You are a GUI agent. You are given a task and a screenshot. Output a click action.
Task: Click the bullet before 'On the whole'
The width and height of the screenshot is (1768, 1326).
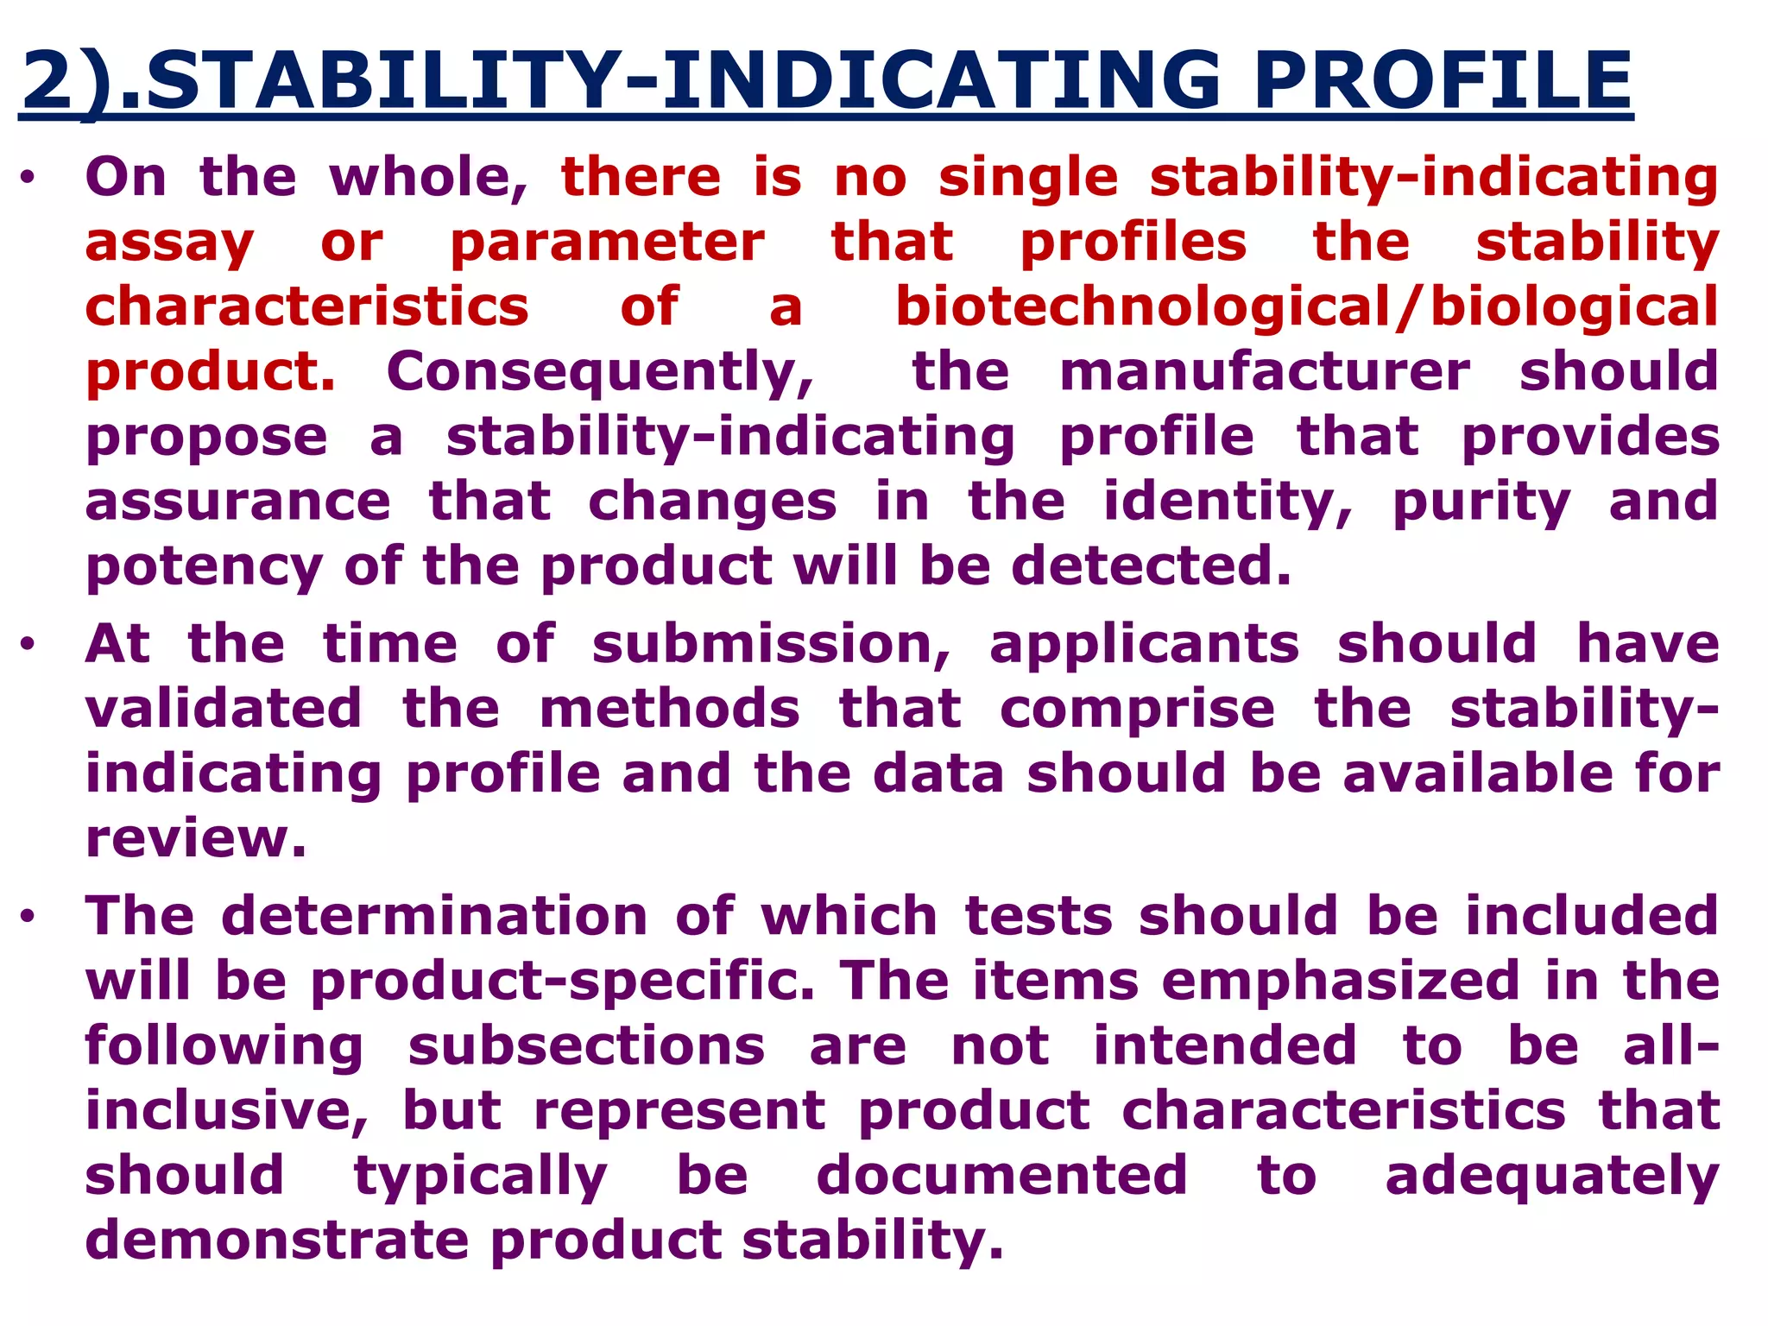[28, 180]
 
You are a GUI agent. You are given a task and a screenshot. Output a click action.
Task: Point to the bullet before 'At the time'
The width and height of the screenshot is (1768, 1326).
[28, 646]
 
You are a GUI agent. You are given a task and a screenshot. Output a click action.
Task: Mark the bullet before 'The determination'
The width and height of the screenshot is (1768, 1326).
[28, 918]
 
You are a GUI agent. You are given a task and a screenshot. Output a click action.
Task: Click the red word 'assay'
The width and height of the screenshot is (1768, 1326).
[169, 243]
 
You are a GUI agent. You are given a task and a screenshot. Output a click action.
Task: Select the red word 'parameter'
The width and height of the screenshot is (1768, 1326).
[607, 243]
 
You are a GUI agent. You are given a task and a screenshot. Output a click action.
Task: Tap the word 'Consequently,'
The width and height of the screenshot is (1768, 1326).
[600, 373]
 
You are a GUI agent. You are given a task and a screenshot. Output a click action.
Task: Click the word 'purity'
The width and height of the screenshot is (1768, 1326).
[1481, 502]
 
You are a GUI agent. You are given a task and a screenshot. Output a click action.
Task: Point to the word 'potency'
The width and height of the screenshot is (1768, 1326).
[204, 568]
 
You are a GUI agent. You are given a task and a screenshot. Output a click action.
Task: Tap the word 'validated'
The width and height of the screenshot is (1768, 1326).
[224, 709]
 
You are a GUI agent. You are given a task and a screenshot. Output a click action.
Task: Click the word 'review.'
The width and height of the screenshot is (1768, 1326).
[196, 838]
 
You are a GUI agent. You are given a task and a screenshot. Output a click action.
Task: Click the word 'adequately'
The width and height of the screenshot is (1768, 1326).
[1551, 1177]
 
